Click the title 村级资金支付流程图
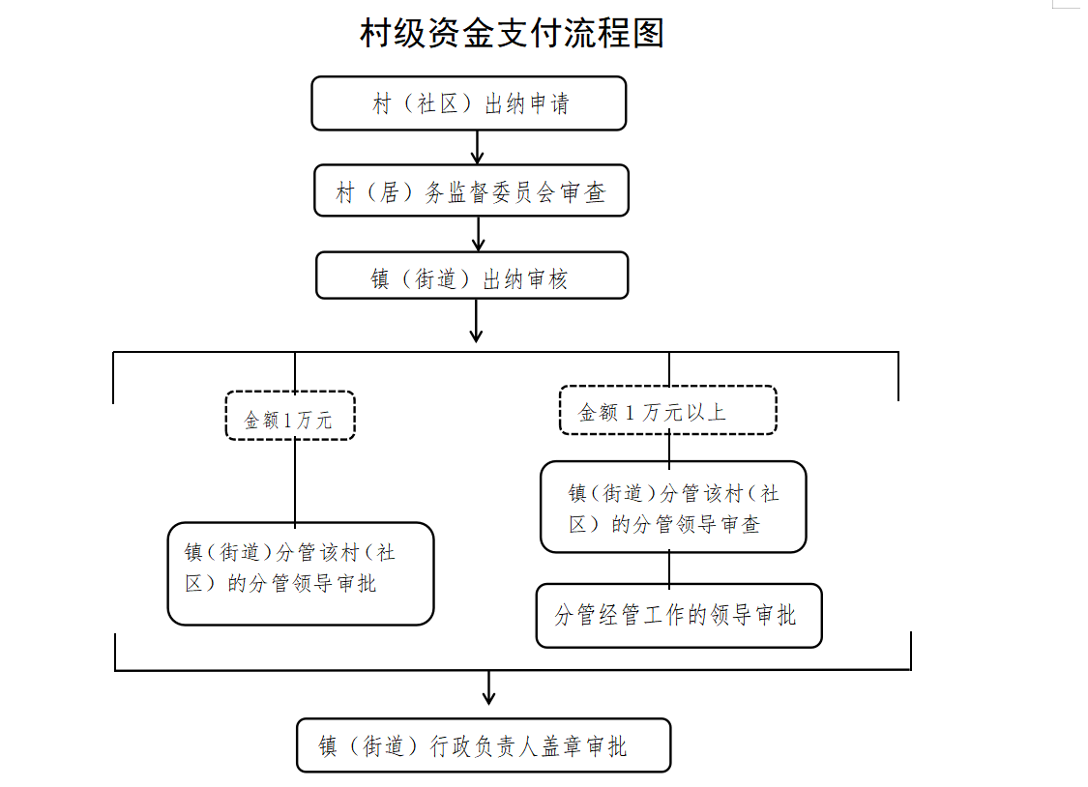512,34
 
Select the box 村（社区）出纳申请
469,103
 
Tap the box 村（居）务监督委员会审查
472,191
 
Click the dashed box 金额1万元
290,417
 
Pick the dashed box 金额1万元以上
668,411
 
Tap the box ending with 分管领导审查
673,508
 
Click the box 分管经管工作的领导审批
679,615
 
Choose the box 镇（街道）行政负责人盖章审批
484,745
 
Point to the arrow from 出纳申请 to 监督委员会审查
477,148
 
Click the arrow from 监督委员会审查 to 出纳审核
478,234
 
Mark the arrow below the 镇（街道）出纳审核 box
476,321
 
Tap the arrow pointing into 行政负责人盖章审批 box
488,687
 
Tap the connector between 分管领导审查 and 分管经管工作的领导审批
669,568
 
